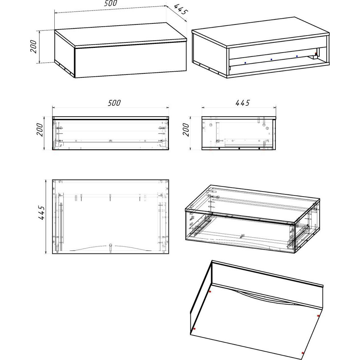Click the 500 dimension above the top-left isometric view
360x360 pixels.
coord(111,3)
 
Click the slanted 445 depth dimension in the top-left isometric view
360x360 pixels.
coord(181,9)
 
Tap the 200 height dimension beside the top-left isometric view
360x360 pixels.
coord(33,46)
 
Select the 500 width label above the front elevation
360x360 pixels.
coord(114,103)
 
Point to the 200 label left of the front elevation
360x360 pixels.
coord(40,130)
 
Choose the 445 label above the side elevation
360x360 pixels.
coord(242,103)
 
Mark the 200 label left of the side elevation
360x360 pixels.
coord(186,130)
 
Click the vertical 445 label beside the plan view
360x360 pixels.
coord(41,213)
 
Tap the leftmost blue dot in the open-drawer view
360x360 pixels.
coord(245,63)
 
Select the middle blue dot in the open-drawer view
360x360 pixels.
coord(271,59)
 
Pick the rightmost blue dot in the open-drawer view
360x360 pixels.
coord(297,56)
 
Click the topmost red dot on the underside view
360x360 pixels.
coord(210,292)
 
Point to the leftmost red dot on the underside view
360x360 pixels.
coord(194,329)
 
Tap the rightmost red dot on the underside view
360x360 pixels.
coord(318,316)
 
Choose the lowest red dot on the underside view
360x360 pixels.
coord(303,353)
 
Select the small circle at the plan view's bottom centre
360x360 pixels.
coord(111,245)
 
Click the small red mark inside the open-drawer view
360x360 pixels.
coord(316,54)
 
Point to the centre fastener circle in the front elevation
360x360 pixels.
coord(110,140)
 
